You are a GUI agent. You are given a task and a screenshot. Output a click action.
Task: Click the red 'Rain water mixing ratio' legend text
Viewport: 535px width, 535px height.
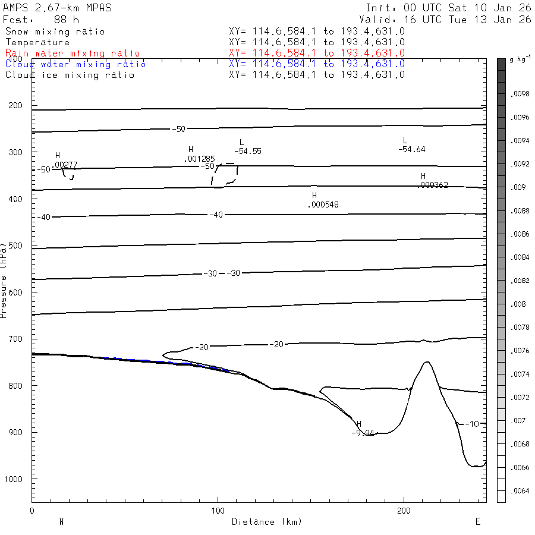73,53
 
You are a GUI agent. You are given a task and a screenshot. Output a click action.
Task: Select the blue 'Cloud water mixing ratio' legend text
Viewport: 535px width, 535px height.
75,64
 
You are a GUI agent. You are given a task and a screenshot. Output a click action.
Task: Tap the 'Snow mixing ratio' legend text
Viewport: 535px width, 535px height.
55,32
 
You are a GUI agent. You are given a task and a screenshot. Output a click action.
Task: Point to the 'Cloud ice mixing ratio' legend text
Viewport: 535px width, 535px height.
70,75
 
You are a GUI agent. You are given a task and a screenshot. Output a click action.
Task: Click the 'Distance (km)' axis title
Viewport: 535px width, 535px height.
266,522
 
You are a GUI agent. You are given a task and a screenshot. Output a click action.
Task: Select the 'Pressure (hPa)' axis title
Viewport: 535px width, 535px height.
4,279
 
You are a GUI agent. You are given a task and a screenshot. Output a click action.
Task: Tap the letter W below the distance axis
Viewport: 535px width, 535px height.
61,521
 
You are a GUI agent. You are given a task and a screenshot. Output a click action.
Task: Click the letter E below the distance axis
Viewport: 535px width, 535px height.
477,521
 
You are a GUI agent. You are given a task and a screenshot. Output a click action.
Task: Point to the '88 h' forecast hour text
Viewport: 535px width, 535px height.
66,20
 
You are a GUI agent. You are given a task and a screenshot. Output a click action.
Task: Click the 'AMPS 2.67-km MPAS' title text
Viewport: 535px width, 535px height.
57,8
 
